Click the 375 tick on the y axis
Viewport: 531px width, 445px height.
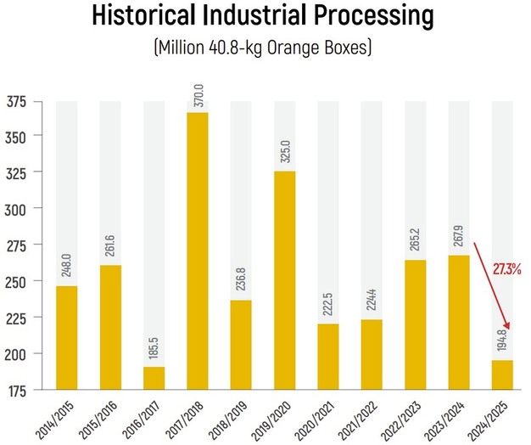pos(16,102)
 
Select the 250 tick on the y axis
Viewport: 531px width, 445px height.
pos(16,281)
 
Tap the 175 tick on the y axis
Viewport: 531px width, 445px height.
pos(16,390)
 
